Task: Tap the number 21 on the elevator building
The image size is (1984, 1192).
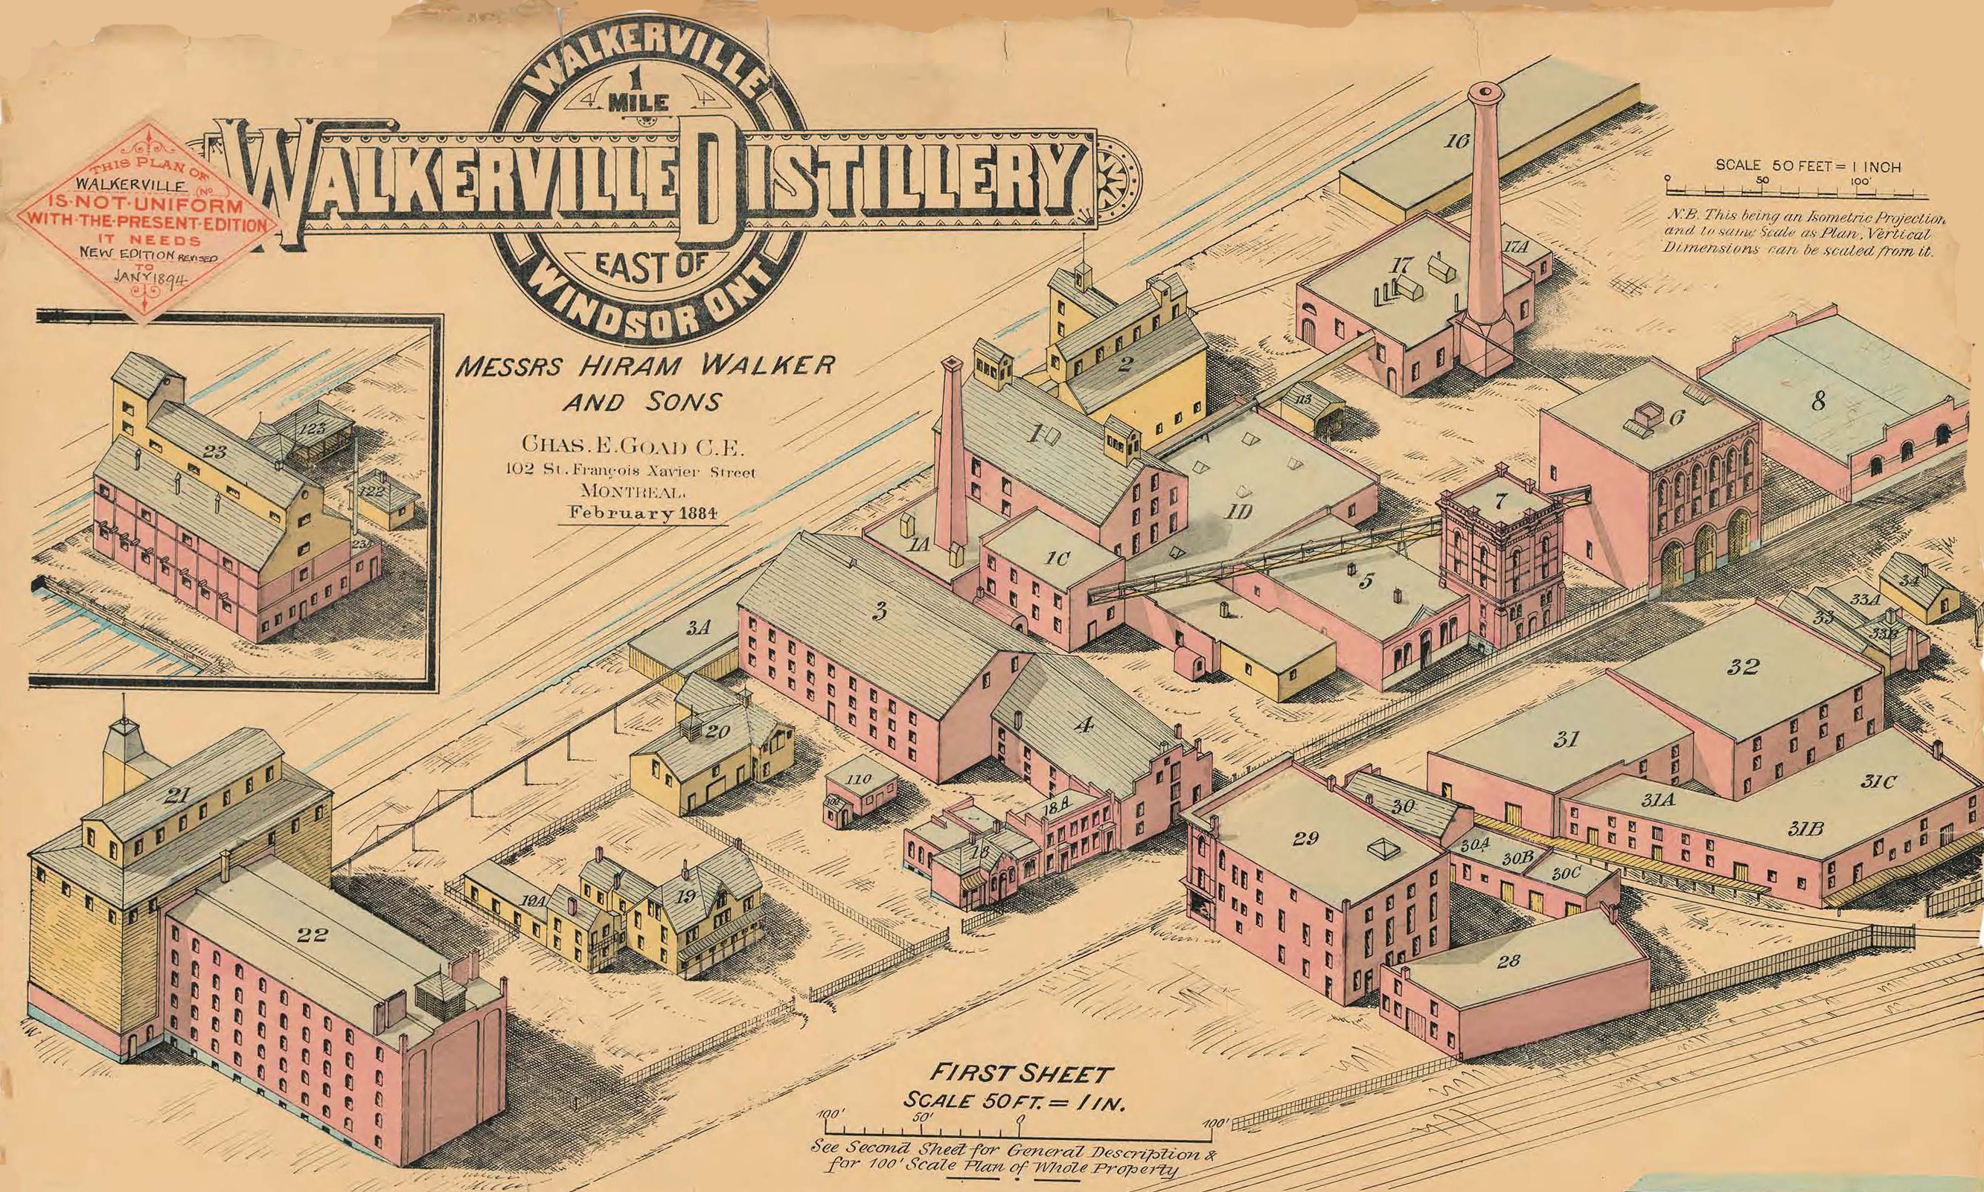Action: coord(175,796)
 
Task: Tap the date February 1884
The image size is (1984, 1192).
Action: coord(642,513)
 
